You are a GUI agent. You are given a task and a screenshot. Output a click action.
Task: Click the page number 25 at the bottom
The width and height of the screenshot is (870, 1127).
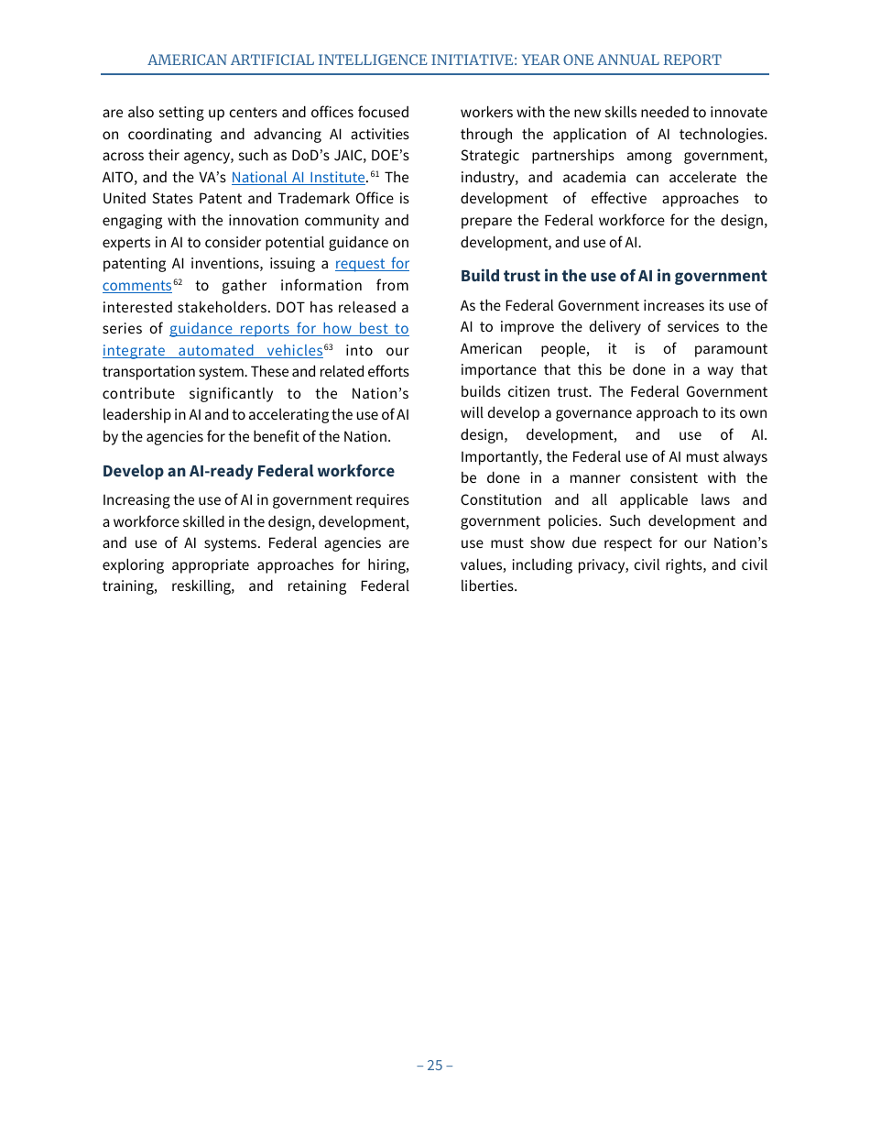(435, 1065)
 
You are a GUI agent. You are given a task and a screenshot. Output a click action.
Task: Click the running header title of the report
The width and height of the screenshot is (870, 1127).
(434, 60)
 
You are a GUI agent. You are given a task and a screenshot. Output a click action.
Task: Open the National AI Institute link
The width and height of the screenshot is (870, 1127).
(298, 178)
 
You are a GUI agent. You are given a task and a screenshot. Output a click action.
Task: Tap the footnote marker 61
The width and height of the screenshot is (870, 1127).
(375, 174)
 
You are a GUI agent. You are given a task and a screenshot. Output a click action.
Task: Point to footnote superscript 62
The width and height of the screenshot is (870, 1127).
(178, 282)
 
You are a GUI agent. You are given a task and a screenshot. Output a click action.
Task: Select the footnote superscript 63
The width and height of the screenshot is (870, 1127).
(328, 347)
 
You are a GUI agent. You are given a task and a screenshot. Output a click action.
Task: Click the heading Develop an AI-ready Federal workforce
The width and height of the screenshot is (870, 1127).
(248, 471)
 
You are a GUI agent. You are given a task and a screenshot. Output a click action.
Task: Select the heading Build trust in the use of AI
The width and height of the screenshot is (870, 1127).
(613, 276)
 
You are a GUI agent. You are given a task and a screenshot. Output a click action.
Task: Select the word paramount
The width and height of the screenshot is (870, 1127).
(731, 349)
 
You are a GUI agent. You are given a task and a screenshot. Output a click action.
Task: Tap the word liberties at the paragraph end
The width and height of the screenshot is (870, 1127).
(488, 586)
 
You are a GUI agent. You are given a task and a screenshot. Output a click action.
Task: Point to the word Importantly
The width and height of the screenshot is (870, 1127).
(500, 457)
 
